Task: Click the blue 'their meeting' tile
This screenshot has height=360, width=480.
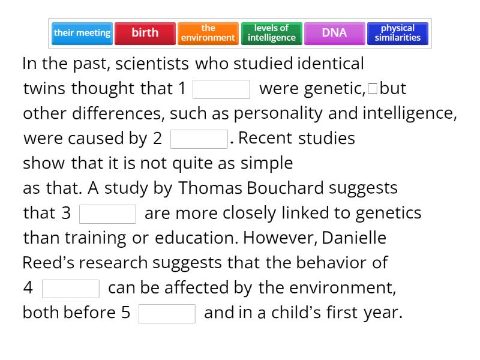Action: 82,33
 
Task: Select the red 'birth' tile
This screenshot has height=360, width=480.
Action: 145,33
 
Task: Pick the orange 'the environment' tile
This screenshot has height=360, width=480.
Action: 208,33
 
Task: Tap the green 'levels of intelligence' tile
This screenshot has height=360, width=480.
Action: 272,33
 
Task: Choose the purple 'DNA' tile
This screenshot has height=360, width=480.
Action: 334,33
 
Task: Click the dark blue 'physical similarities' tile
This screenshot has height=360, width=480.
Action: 398,33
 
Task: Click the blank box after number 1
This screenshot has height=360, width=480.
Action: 221,89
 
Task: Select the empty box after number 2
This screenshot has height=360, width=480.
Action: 199,139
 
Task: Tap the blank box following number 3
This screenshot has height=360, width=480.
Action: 108,214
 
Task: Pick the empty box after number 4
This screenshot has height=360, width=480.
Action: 71,289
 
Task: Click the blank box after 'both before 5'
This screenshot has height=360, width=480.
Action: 167,314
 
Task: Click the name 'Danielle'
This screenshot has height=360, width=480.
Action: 354,238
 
